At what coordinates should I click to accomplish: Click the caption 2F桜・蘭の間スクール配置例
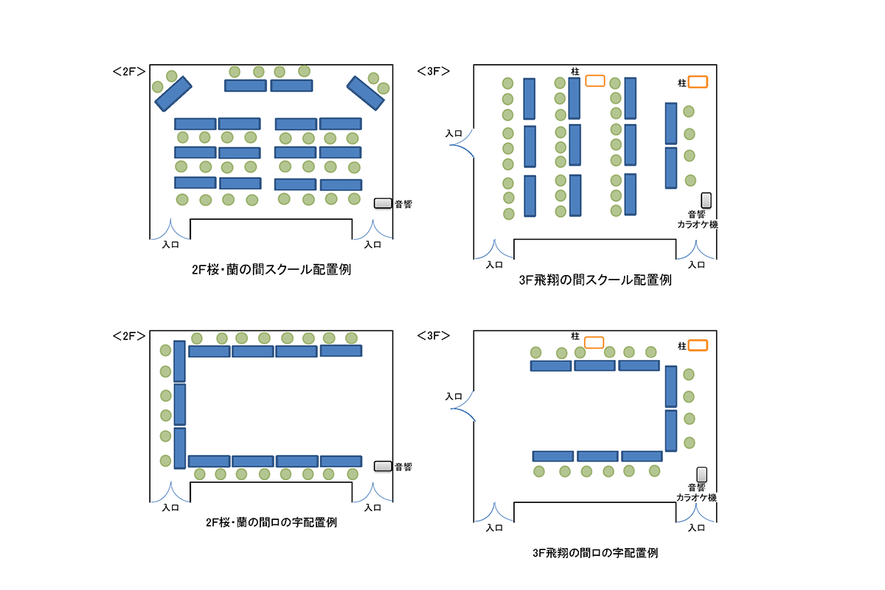click(271, 269)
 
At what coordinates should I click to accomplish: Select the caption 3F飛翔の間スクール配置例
click(595, 280)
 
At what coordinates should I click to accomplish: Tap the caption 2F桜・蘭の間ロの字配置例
click(271, 522)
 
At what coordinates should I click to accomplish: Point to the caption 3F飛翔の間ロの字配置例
click(595, 553)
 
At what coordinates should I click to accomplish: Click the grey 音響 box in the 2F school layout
click(383, 203)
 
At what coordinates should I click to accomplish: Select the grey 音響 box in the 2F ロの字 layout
click(383, 466)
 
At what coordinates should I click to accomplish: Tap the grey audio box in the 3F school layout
click(706, 201)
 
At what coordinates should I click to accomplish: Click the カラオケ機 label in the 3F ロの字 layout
click(696, 498)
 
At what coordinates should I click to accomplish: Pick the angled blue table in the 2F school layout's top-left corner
click(173, 94)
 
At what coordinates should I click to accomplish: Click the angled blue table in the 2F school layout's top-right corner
click(366, 93)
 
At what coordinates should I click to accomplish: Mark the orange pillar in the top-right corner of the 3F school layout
click(698, 82)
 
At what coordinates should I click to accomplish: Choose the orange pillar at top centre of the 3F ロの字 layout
click(594, 342)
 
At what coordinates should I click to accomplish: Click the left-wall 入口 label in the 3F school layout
click(454, 133)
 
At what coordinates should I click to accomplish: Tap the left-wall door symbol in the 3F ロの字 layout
click(463, 406)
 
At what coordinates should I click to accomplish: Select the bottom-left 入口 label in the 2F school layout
click(170, 245)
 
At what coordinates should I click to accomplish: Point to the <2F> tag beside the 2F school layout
click(129, 72)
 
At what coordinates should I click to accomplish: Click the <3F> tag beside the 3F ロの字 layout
click(434, 336)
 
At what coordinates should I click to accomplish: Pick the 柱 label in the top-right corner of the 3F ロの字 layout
click(682, 346)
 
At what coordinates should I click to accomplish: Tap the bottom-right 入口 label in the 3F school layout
click(696, 265)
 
